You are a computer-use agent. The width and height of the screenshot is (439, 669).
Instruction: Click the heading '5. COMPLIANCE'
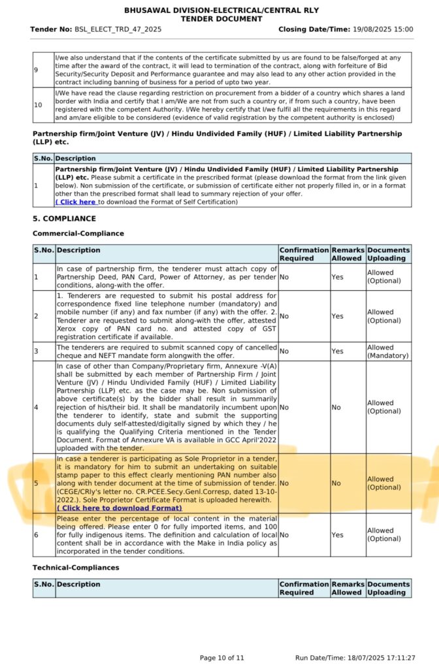pyautogui.click(x=64, y=218)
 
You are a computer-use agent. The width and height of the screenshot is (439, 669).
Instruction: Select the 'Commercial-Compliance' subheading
pyautogui.click(x=78, y=233)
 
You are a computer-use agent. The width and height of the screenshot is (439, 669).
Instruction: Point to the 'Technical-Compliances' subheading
pyautogui.click(x=76, y=567)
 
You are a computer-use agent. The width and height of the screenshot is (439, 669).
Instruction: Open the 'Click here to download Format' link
pyautogui.click(x=119, y=508)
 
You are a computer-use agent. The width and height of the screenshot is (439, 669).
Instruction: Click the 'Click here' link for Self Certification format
pyautogui.click(x=76, y=202)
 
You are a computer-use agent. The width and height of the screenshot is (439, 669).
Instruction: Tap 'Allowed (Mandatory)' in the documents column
pyautogui.click(x=388, y=351)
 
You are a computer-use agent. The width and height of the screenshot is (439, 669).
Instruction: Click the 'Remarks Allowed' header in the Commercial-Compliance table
pyautogui.click(x=347, y=254)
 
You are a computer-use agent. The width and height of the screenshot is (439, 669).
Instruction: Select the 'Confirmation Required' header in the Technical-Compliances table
pyautogui.click(x=303, y=588)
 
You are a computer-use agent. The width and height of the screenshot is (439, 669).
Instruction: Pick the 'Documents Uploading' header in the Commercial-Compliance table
pyautogui.click(x=388, y=254)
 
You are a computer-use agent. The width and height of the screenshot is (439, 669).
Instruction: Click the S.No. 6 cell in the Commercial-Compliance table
pyautogui.click(x=37, y=534)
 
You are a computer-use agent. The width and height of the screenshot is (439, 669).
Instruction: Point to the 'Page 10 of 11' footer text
pyautogui.click(x=221, y=657)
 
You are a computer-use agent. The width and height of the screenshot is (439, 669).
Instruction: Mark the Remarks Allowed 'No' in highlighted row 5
pyautogui.click(x=336, y=484)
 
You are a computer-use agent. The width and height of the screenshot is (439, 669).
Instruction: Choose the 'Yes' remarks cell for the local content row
pyautogui.click(x=337, y=534)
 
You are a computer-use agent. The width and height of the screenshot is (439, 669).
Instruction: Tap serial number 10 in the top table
pyautogui.click(x=38, y=105)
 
